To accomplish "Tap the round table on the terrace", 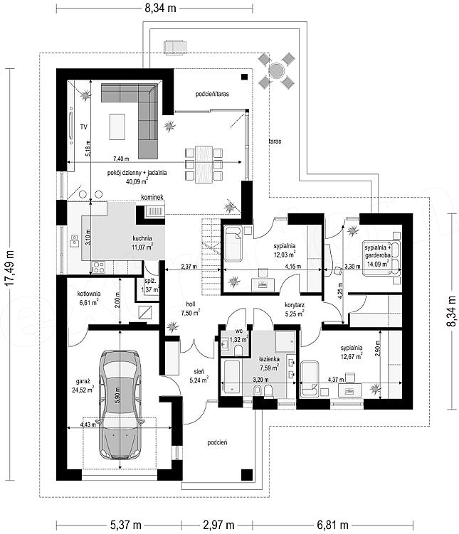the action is [x=276, y=70].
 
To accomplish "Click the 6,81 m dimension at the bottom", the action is [x=332, y=525].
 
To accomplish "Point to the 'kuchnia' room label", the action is [x=142, y=238].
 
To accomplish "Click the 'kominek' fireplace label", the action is [x=152, y=197].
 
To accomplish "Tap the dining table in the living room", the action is [x=204, y=164].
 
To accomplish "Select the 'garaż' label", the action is [x=83, y=381].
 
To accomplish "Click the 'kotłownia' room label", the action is [x=88, y=294].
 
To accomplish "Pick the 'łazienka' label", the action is [x=269, y=359].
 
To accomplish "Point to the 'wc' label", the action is [x=239, y=331].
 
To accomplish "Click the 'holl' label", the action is [x=191, y=304].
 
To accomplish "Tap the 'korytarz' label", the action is [x=295, y=305].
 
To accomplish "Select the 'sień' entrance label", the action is [x=199, y=371].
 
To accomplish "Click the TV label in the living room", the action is [x=83, y=127].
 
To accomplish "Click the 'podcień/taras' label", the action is [x=212, y=94].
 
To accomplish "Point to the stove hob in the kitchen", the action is [x=98, y=267].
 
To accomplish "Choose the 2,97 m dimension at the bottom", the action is [x=218, y=525].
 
